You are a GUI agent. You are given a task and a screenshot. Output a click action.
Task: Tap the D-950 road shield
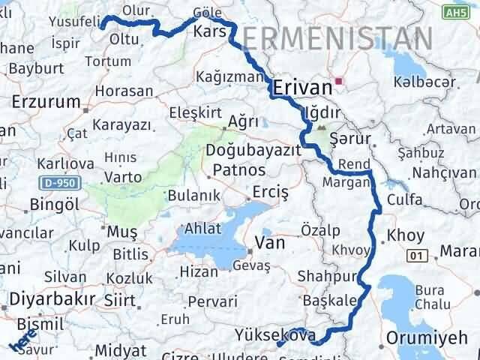[x=54, y=182]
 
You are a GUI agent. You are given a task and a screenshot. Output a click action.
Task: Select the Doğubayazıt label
[x=253, y=151]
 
